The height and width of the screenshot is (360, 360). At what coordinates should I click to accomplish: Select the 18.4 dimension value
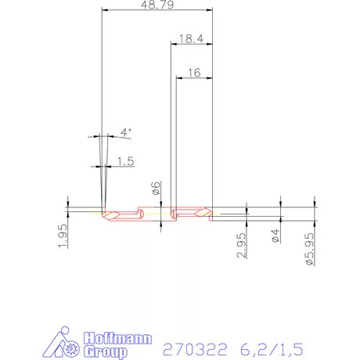pyautogui.click(x=191, y=38)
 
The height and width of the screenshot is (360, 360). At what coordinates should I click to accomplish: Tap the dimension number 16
pyautogui.click(x=194, y=72)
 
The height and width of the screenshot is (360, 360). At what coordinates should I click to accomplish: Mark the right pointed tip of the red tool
pyautogui.click(x=212, y=213)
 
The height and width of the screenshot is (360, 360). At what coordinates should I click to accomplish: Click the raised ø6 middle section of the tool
pyautogui.click(x=155, y=213)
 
